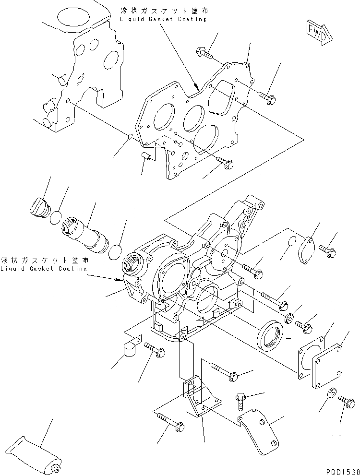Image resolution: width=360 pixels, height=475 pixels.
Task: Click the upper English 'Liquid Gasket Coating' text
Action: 164,19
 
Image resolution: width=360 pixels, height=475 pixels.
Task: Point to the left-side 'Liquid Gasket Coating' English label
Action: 44,269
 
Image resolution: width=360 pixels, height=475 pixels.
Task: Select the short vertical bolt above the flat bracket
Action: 241,400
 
